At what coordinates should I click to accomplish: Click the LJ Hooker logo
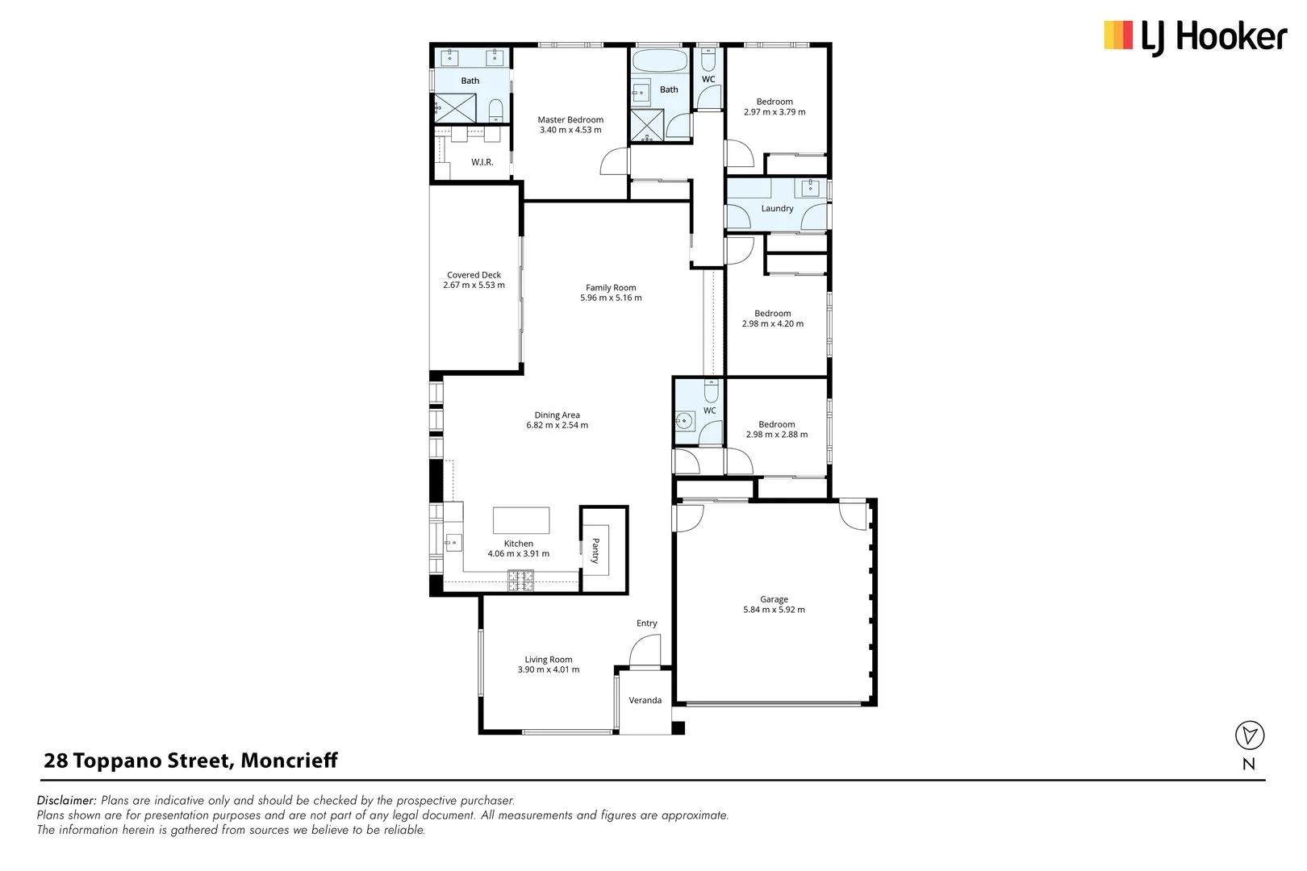(1196, 37)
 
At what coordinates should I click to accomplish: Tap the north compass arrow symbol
(1250, 735)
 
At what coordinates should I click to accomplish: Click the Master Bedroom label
(570, 119)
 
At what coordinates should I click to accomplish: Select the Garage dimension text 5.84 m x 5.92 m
(774, 610)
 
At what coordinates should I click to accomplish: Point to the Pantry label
(595, 551)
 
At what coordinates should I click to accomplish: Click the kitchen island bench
(521, 520)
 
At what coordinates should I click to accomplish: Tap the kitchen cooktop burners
(520, 581)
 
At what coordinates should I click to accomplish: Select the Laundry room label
(777, 208)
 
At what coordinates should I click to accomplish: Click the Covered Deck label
(474, 275)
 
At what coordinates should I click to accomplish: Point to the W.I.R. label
(482, 162)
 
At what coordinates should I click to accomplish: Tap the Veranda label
(645, 700)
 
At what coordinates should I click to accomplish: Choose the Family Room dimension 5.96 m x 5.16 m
(611, 298)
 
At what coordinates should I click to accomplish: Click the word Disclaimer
(66, 800)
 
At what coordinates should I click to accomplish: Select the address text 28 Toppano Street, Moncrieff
(190, 761)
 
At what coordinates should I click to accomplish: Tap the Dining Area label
(557, 415)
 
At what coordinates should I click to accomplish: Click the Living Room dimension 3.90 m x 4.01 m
(549, 669)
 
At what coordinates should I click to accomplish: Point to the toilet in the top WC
(708, 58)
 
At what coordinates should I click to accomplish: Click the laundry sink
(811, 188)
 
